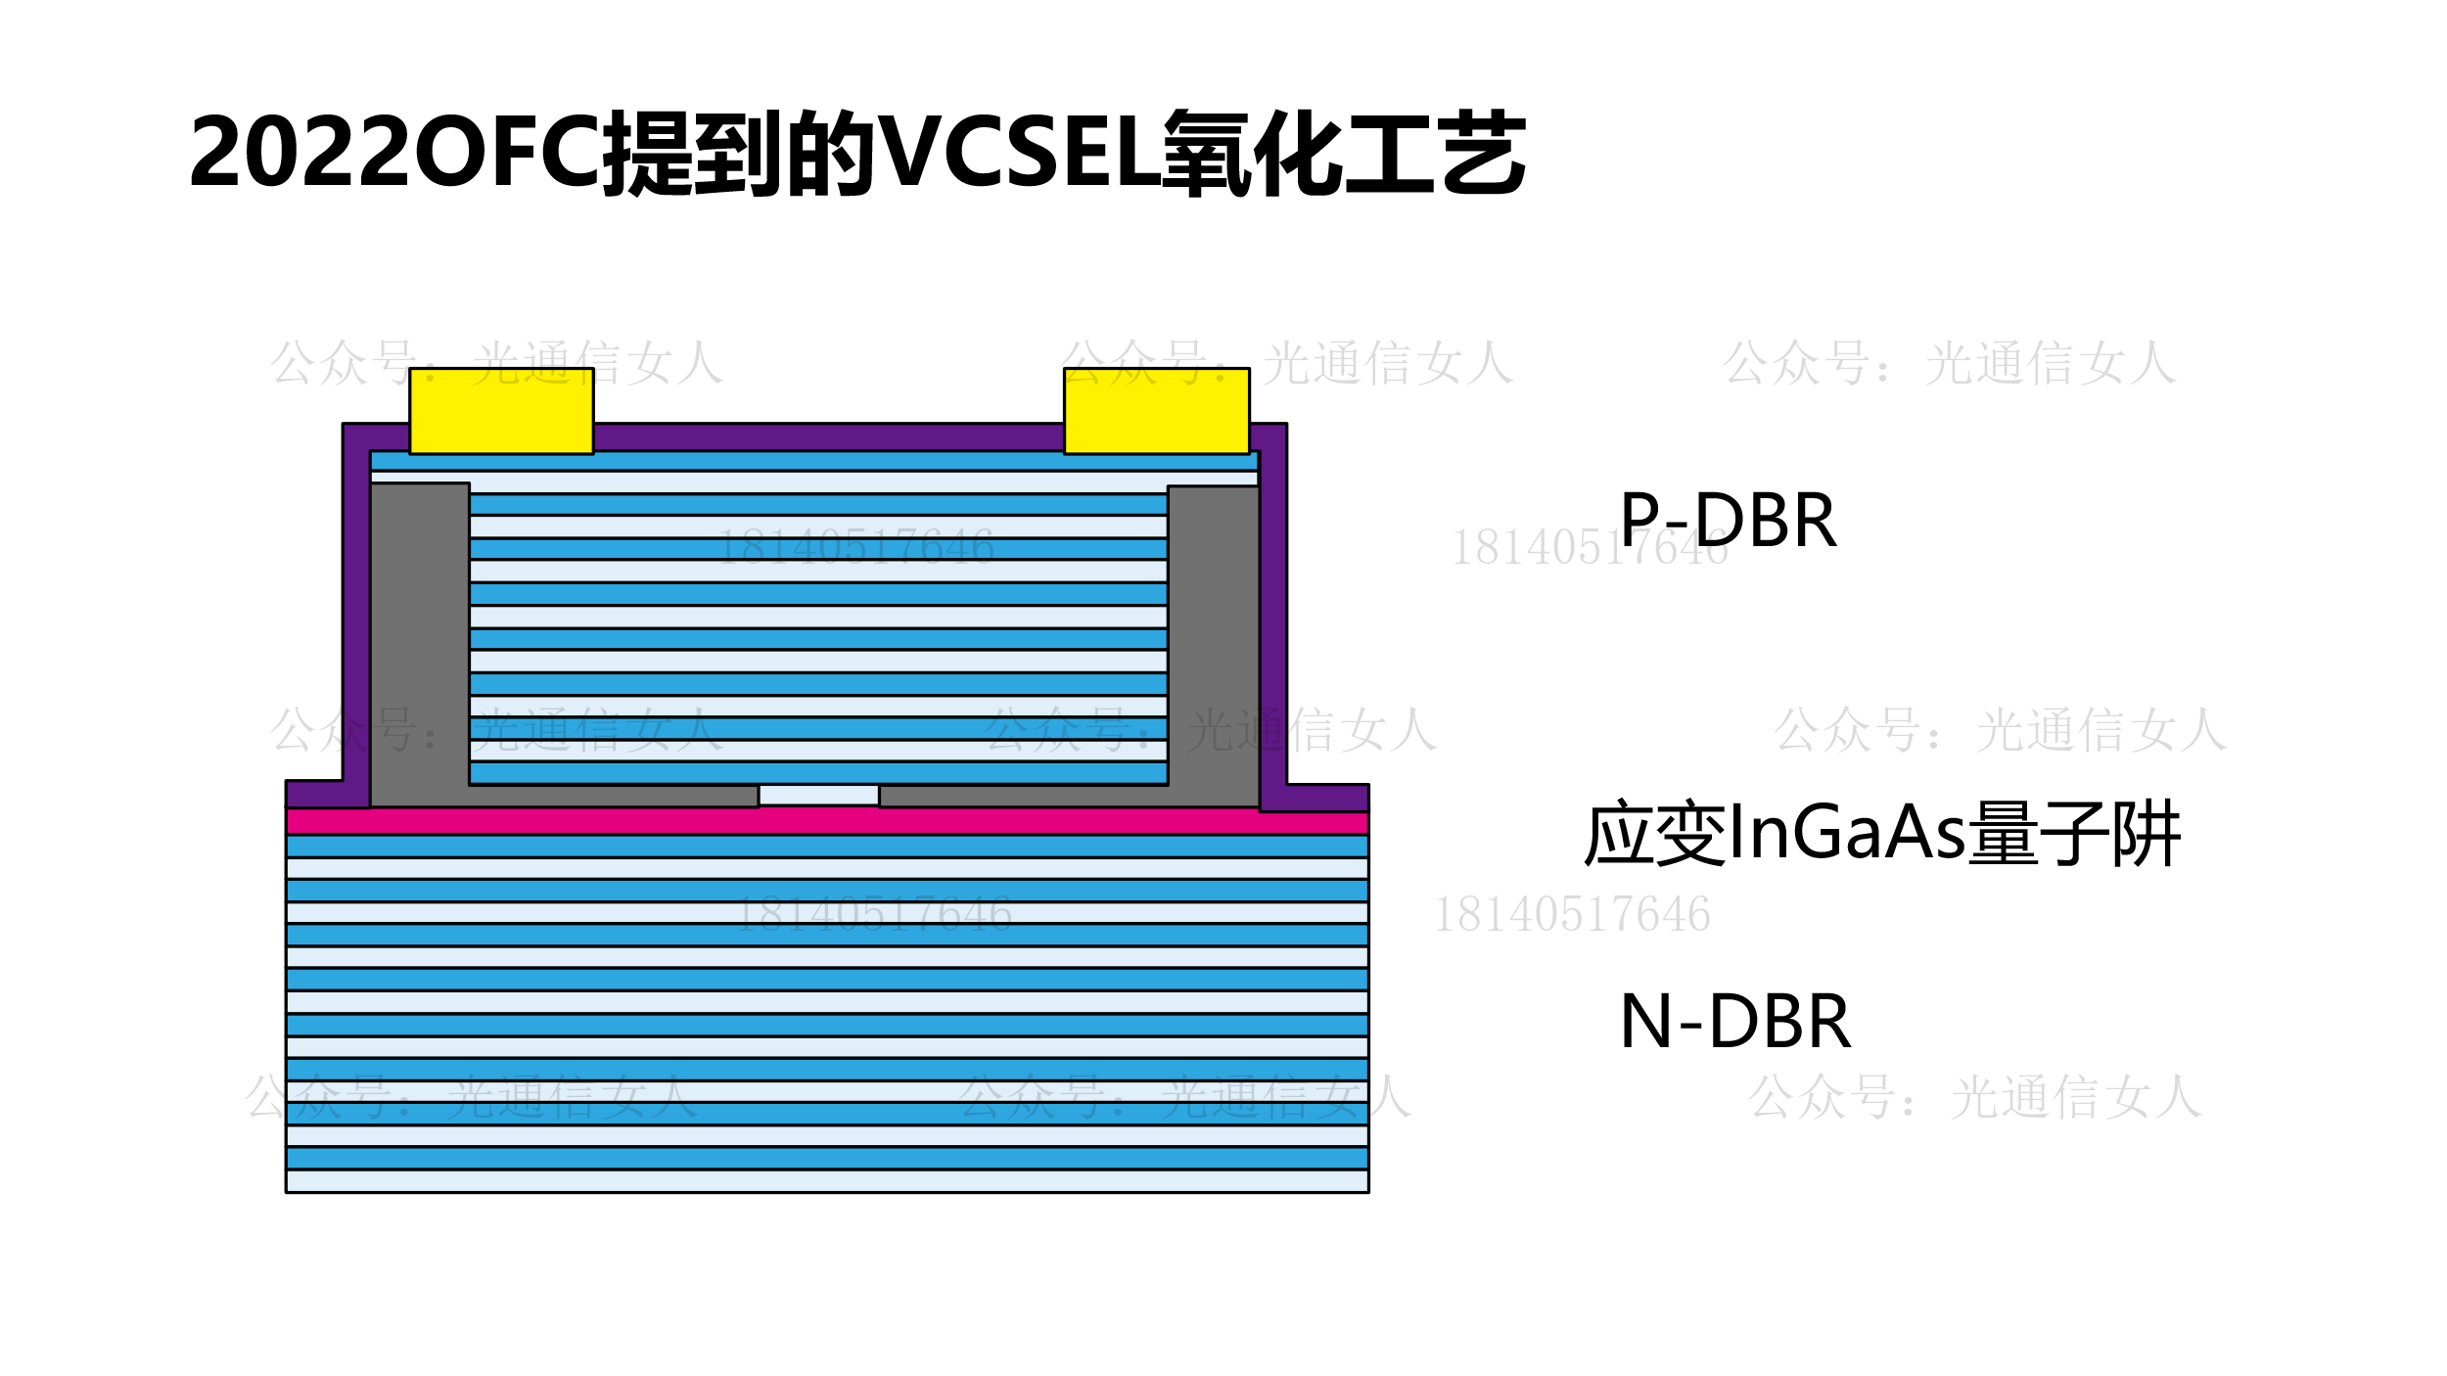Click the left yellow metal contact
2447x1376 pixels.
(501, 410)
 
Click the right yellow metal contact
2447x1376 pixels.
(1156, 410)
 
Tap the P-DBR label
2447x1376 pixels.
(1728, 521)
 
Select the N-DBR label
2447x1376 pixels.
(1734, 1022)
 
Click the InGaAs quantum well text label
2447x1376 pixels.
(1881, 834)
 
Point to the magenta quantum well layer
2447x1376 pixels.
(826, 820)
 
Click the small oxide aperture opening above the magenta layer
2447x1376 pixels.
(818, 795)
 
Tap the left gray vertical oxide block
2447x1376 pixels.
(420, 636)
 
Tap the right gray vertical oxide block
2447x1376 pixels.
(1213, 636)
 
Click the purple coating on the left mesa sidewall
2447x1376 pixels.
(356, 607)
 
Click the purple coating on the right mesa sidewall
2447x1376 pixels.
(1272, 607)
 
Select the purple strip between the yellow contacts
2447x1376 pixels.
(828, 436)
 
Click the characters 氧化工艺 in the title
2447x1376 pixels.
(1345, 152)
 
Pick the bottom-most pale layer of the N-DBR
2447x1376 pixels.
(826, 1180)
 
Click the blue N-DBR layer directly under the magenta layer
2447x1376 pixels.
(826, 846)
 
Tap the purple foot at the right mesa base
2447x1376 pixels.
(1326, 798)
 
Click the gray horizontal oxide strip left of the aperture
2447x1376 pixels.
(613, 796)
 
